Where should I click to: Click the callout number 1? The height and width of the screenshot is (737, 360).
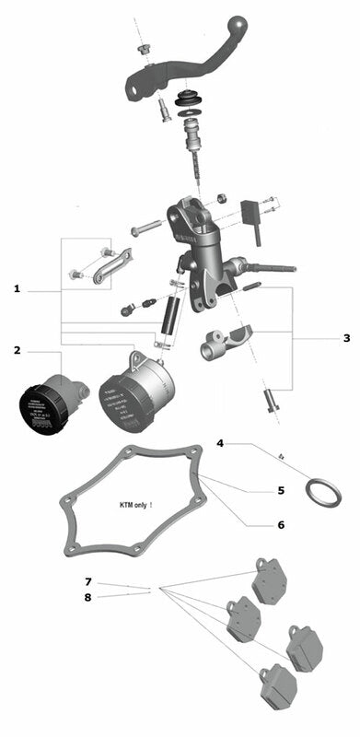(17, 289)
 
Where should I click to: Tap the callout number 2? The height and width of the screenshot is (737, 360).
(17, 350)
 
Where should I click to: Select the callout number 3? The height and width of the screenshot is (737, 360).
(346, 338)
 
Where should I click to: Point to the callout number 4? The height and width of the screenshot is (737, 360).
(220, 444)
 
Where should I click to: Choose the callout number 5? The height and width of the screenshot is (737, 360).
(281, 490)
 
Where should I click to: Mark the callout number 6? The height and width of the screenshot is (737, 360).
(281, 524)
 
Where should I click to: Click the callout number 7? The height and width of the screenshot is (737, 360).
(88, 582)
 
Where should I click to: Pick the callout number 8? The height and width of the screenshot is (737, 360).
(88, 598)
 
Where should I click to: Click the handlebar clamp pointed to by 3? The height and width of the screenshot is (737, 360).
(225, 343)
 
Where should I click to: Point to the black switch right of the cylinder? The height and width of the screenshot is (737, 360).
(249, 216)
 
